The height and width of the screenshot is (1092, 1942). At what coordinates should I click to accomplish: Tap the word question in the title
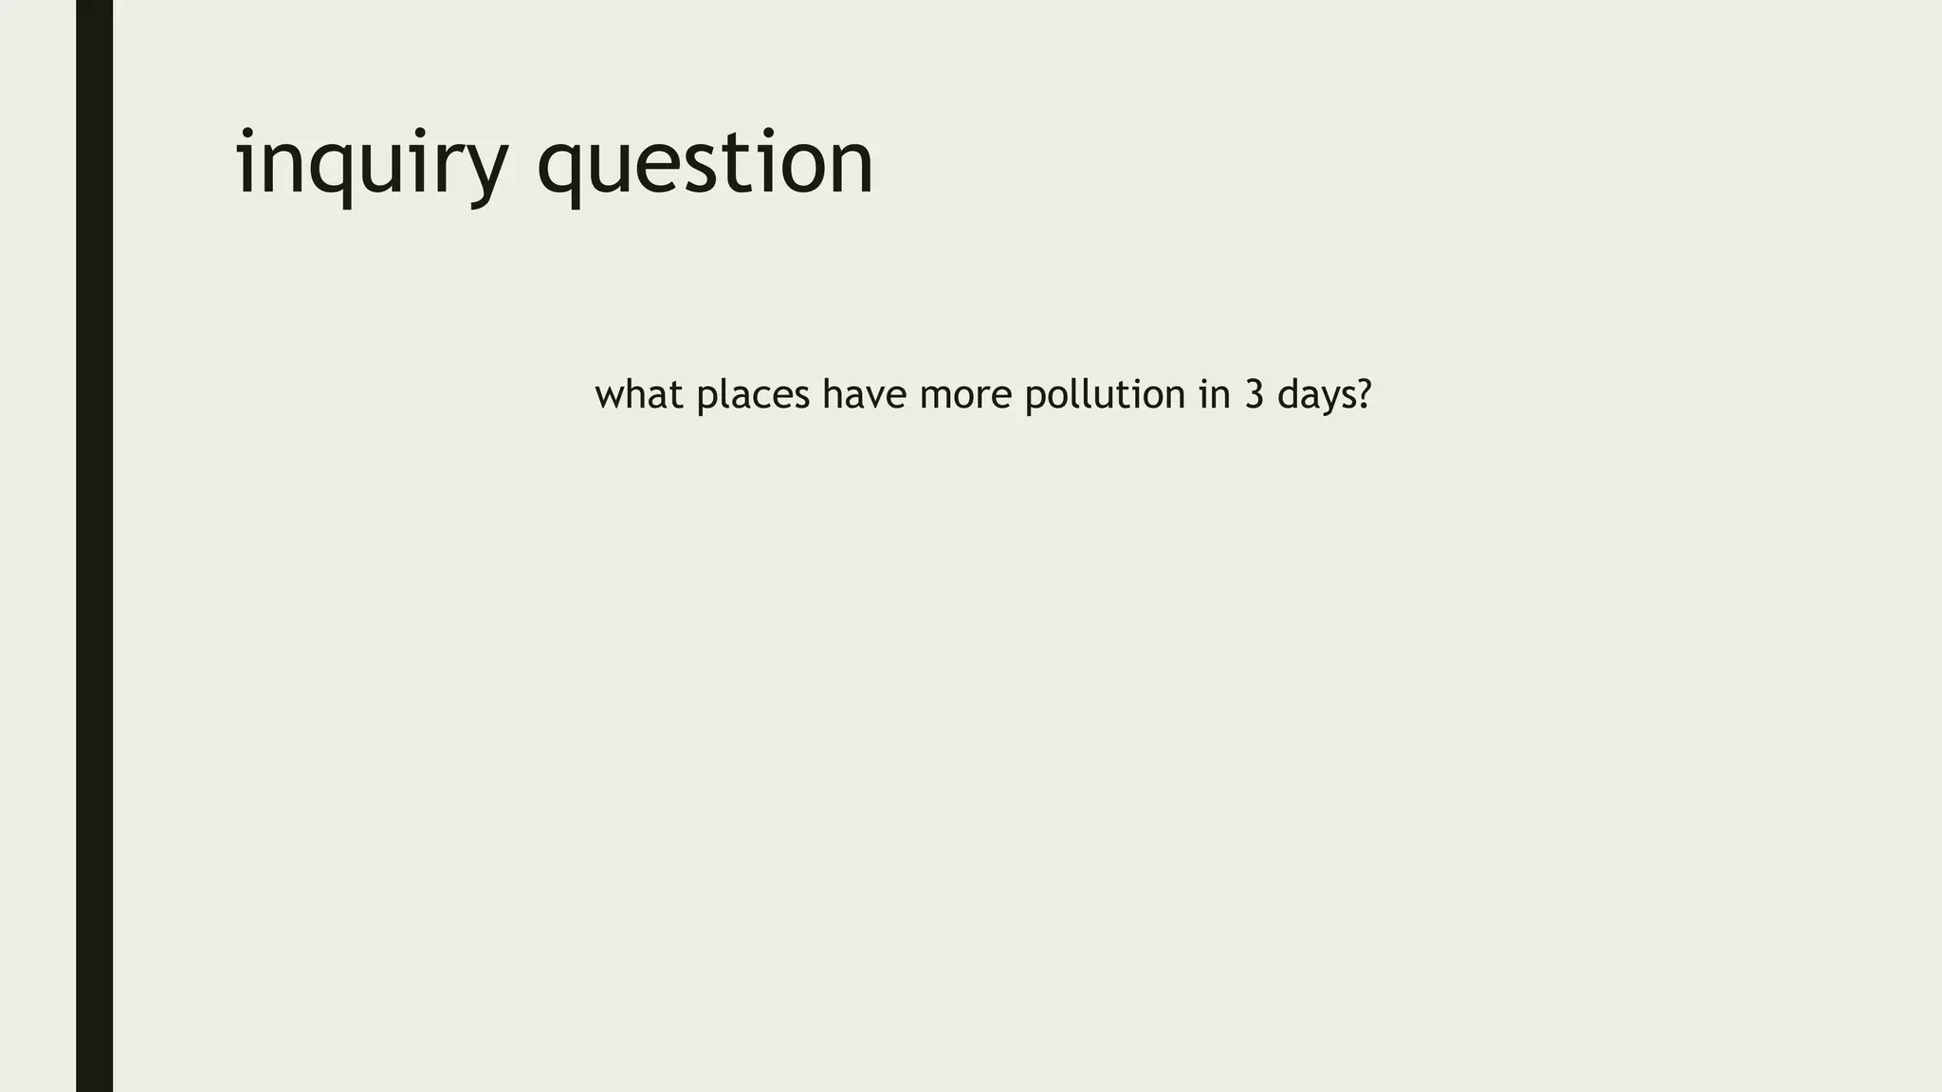705,163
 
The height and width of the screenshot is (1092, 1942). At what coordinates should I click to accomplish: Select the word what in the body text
639,394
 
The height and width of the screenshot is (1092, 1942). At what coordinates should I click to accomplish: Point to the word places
753,394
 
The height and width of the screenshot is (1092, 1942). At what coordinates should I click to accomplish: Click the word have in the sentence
864,394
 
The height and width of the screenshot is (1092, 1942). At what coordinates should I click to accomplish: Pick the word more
965,394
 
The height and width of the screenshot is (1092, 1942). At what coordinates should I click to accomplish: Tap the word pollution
1105,394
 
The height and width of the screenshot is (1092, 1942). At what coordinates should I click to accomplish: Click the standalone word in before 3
1215,394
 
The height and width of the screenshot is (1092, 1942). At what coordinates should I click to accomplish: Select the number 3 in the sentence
1255,394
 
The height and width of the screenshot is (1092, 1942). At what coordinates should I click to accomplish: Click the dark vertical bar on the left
94,546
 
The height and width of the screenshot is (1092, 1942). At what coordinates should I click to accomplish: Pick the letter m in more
936,396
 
